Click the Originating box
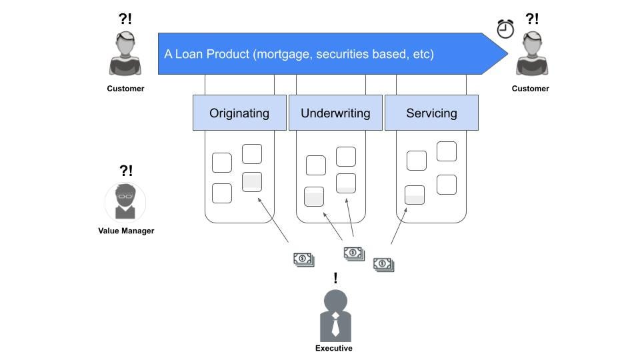[x=239, y=113]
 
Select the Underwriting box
[x=335, y=113]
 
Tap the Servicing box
[x=431, y=113]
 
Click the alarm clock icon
[x=505, y=29]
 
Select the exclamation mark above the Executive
[x=335, y=278]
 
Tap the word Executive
[x=334, y=348]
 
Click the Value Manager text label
[x=126, y=231]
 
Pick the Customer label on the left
[x=125, y=88]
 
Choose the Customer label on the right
[x=531, y=88]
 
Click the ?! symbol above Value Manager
[x=125, y=171]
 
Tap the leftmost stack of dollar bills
[x=303, y=259]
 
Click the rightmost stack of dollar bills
[x=383, y=265]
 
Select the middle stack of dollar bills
[x=354, y=253]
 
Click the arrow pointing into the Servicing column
[x=398, y=226]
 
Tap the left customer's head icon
[x=125, y=45]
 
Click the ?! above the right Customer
[x=532, y=19]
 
